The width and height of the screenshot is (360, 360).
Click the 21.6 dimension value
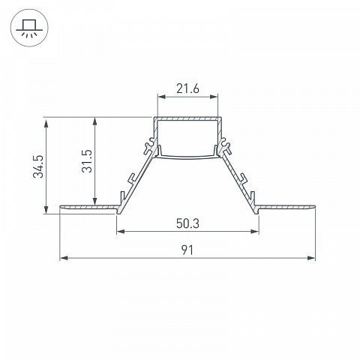point(187,88)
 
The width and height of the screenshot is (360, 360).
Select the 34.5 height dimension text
point(38,166)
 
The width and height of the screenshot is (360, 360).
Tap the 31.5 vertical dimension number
point(87,161)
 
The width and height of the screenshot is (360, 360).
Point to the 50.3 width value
point(187,223)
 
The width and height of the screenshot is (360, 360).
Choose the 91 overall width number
point(187,250)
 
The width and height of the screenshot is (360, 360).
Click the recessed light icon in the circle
point(29,28)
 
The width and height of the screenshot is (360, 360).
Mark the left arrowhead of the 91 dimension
point(64,258)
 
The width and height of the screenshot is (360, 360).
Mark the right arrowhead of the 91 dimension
point(311,258)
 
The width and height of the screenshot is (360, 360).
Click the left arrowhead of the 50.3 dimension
point(121,232)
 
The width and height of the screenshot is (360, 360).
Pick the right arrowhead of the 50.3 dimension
point(255,232)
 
